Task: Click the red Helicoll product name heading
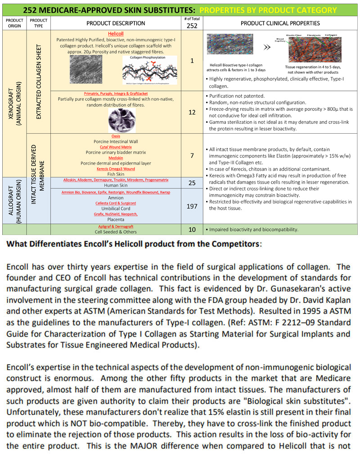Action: [116, 34]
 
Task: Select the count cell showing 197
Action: [192, 206]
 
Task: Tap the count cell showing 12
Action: [192, 112]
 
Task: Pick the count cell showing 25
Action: [192, 182]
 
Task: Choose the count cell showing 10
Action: [192, 230]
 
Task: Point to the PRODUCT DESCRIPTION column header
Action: [116, 23]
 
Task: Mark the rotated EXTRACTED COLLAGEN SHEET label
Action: [39, 81]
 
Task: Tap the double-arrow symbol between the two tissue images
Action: [266, 46]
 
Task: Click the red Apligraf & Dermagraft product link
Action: [116, 226]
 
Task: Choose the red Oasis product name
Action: [116, 136]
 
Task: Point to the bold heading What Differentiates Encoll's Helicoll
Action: [133, 244]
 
